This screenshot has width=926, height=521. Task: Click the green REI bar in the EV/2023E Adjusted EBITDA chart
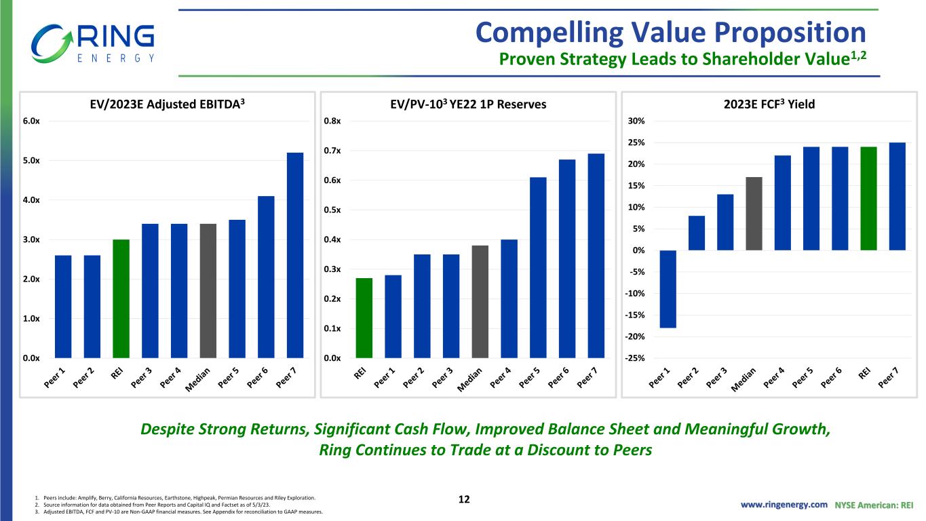coord(121,298)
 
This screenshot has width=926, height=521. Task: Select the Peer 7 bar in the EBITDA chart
coord(295,255)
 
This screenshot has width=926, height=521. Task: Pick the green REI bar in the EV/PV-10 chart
coord(364,317)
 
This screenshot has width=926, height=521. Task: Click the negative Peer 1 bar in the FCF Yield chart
coord(668,289)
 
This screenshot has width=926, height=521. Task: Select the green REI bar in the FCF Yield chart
coord(868,198)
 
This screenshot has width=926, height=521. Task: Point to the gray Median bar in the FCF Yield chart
coord(754,214)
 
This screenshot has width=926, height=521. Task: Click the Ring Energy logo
coord(93,42)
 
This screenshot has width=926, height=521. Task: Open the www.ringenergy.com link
coord(784,505)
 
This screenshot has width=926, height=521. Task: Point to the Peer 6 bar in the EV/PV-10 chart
coord(567,258)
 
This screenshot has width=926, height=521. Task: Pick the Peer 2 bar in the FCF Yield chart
coord(697,233)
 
